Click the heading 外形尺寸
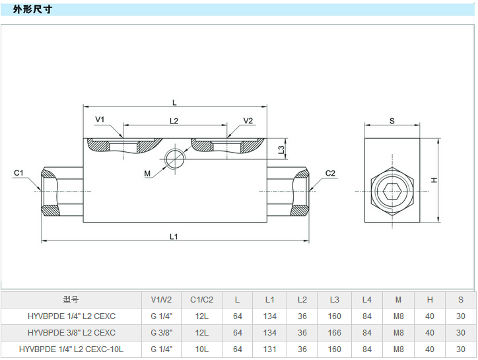point(32,9)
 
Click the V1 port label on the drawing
point(100,120)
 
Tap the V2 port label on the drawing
point(248,120)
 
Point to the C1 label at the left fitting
point(18,173)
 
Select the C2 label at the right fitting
point(331,173)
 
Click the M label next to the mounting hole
point(148,173)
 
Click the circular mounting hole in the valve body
point(175,159)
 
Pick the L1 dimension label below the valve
point(174,236)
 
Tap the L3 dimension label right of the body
point(281,150)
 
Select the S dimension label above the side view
point(392,121)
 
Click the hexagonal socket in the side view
point(392,192)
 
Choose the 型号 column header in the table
point(71,299)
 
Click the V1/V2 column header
point(161,299)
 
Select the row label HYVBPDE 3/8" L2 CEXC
point(71,332)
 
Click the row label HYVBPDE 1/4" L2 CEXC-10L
point(71,349)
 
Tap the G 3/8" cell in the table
point(161,332)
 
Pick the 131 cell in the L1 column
point(269,349)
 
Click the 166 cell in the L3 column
point(334,332)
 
